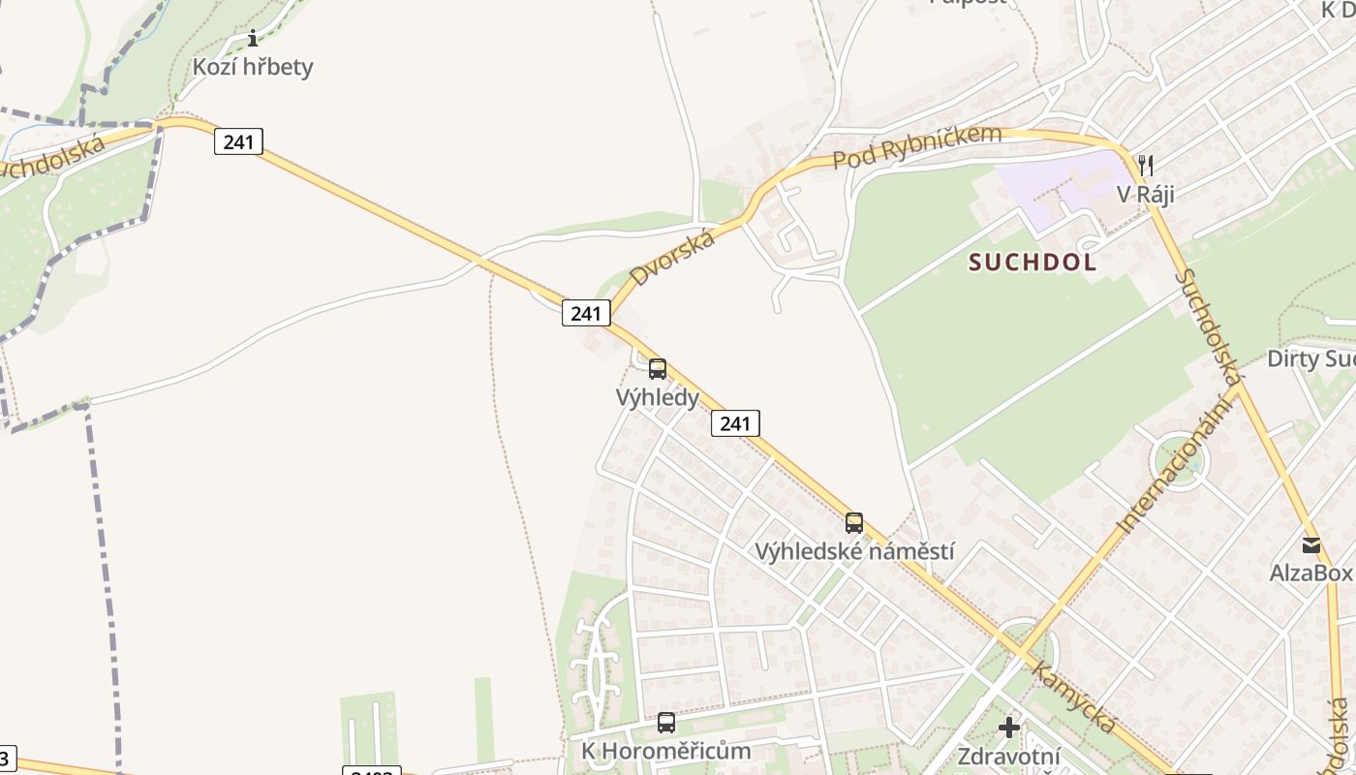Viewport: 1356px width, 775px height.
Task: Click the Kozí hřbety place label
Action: (x=253, y=67)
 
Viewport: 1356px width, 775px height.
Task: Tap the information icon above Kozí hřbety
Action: (x=253, y=38)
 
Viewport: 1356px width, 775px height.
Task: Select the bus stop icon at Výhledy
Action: (x=658, y=369)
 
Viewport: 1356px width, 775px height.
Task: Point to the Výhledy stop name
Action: (x=658, y=397)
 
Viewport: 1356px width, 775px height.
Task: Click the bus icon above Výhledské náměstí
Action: (x=854, y=523)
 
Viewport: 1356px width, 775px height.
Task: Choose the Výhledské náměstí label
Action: (x=854, y=552)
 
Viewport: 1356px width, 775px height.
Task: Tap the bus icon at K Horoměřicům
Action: (x=666, y=723)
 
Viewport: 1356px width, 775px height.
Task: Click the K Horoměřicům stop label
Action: (x=666, y=751)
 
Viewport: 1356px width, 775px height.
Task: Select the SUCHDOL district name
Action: (x=1032, y=262)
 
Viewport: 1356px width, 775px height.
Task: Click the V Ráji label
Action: (x=1146, y=194)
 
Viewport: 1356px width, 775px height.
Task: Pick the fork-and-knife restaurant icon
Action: (x=1146, y=166)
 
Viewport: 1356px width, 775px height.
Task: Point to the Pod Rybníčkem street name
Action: (x=916, y=146)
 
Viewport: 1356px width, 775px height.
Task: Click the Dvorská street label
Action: (x=672, y=258)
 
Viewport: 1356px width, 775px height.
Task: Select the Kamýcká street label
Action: (x=1073, y=697)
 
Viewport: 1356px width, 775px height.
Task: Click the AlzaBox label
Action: (x=1310, y=573)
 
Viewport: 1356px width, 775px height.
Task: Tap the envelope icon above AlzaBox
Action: (x=1311, y=545)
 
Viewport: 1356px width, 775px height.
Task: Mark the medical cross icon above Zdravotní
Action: (x=1009, y=728)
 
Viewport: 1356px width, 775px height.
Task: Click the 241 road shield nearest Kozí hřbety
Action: (x=238, y=142)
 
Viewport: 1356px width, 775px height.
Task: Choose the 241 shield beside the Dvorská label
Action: (x=586, y=313)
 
